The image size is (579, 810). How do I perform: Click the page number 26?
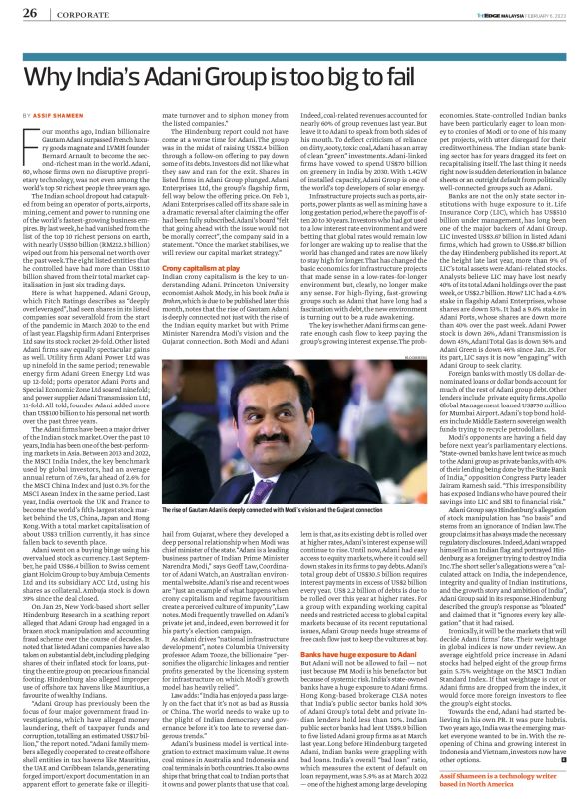click(31, 13)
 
